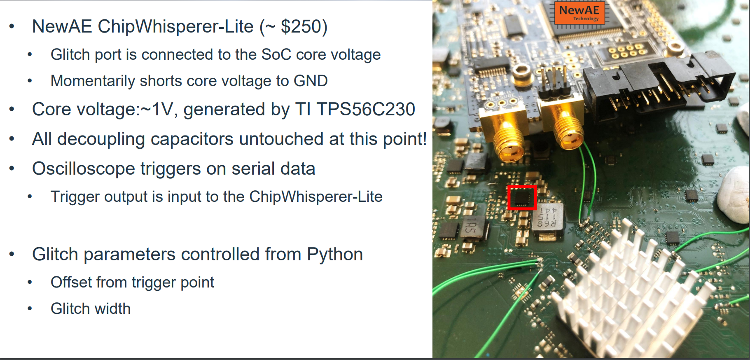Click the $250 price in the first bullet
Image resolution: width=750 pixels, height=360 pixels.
tap(304, 27)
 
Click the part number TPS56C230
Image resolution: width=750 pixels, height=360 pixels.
tap(365, 110)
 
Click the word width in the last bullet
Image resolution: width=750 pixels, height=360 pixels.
tap(114, 309)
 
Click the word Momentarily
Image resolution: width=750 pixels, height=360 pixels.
tap(92, 81)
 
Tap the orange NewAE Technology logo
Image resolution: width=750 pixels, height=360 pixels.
tap(579, 13)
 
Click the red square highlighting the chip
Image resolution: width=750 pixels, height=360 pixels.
tap(522, 198)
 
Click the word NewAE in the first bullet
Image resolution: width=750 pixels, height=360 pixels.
tap(62, 27)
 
